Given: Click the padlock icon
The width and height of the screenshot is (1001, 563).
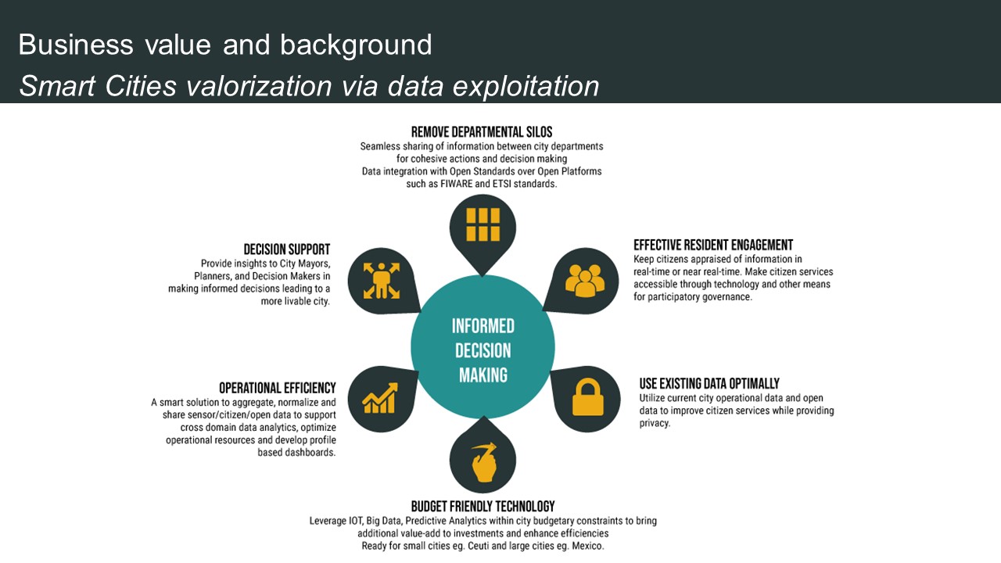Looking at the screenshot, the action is (x=587, y=397).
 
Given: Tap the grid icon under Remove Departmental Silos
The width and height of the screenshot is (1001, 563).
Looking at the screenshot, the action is (x=483, y=224).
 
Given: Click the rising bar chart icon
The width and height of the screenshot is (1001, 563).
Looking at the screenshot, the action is (x=380, y=398).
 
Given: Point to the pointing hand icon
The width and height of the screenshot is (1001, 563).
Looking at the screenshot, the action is (x=483, y=462).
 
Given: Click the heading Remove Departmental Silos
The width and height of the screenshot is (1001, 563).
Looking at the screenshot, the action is (x=482, y=131).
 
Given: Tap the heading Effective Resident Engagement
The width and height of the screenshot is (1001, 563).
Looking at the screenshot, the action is (x=713, y=245).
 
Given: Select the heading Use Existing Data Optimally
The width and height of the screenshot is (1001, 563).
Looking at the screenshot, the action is (x=709, y=383).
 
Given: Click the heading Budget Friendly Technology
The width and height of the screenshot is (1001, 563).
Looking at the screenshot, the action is (x=483, y=506).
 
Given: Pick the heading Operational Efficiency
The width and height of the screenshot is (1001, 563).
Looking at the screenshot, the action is (x=278, y=388).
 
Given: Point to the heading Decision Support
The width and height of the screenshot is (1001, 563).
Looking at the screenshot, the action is (x=287, y=249).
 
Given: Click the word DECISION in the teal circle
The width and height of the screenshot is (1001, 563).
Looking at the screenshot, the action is (x=483, y=350).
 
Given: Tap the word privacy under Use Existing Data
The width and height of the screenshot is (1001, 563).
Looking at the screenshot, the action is (x=655, y=423).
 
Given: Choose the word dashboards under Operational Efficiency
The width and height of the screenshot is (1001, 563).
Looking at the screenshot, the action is (x=309, y=453).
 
